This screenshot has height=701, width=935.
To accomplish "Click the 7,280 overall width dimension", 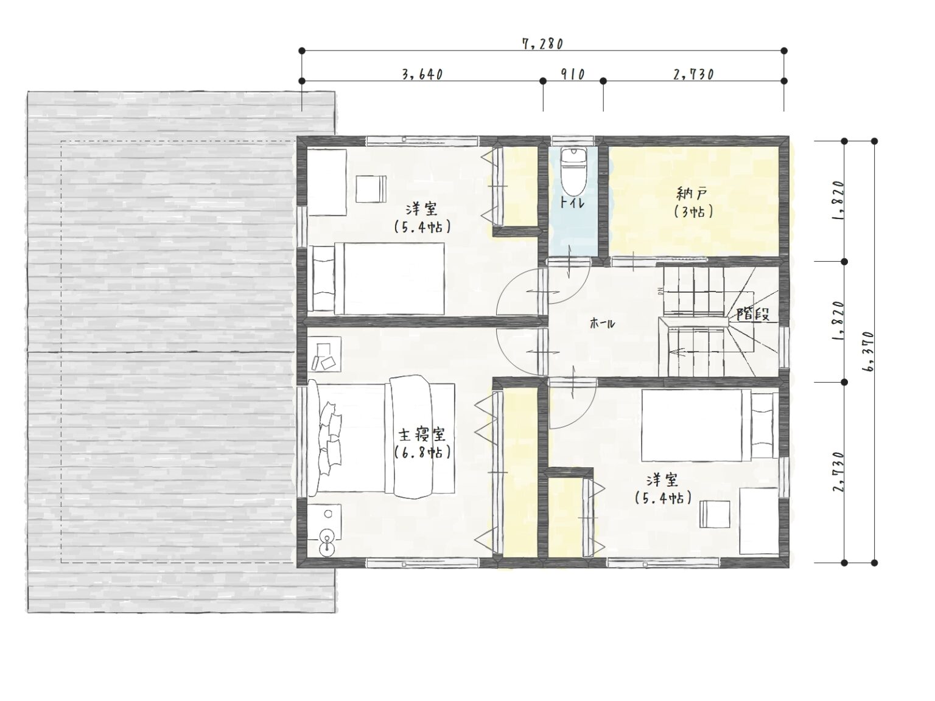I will (x=542, y=44).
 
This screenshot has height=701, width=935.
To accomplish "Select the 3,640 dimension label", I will (x=422, y=74).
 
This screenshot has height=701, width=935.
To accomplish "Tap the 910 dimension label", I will (x=572, y=74).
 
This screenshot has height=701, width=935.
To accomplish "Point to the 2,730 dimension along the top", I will (x=693, y=74).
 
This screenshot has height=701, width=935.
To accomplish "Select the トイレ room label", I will (x=572, y=203).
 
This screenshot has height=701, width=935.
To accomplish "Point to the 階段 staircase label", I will (x=752, y=315).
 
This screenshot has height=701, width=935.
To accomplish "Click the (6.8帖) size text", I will (x=422, y=453).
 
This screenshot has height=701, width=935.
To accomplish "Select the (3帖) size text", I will (x=693, y=212).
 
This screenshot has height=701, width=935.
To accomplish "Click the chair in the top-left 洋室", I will (x=371, y=189).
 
